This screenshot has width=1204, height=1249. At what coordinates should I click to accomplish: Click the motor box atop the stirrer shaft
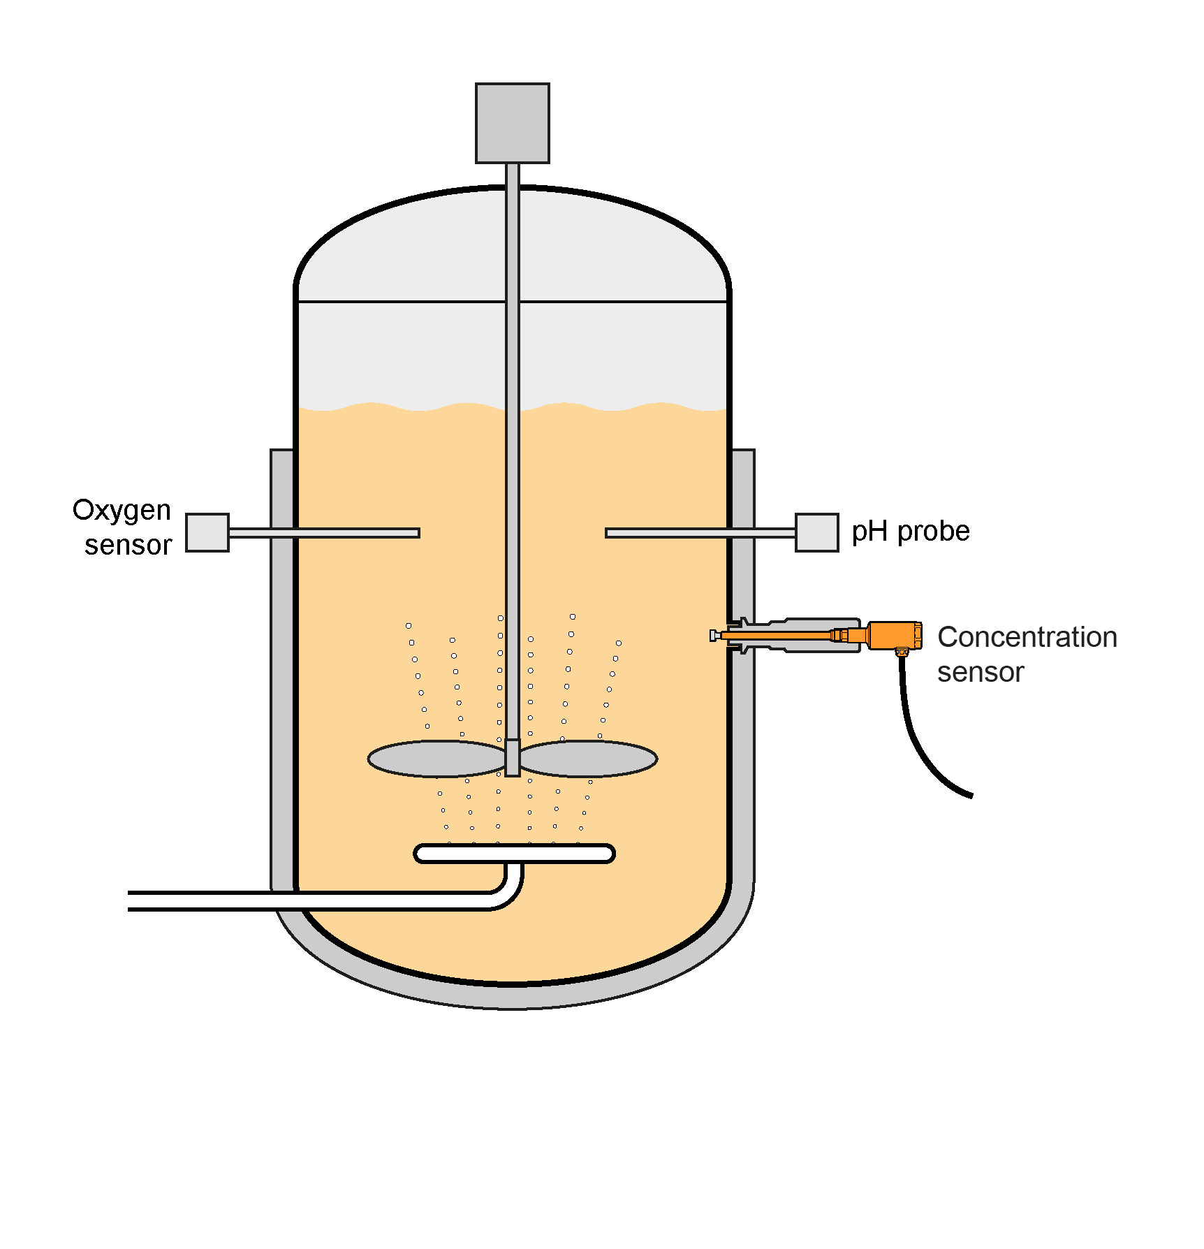click(512, 123)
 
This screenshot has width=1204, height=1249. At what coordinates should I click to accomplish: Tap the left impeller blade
click(436, 759)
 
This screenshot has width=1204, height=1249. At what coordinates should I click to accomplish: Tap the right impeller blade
click(589, 759)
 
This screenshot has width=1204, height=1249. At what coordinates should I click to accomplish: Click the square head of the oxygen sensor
click(207, 533)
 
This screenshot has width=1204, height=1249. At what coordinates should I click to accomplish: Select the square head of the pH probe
click(816, 533)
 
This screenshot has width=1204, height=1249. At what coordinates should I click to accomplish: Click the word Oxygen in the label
click(122, 511)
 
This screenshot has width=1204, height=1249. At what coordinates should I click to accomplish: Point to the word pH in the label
click(869, 532)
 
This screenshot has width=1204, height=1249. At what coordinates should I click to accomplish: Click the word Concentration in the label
click(1027, 637)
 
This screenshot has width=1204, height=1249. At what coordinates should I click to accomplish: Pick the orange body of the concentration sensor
click(894, 635)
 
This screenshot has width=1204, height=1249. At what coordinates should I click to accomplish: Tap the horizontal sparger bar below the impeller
click(514, 854)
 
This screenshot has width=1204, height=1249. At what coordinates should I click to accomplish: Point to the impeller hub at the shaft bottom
click(513, 757)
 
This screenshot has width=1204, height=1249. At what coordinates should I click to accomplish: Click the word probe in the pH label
click(933, 532)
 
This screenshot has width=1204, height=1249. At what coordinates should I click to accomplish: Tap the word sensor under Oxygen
click(128, 546)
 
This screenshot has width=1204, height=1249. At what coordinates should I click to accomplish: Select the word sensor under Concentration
click(980, 673)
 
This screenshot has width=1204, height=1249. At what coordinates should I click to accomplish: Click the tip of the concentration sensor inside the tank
click(714, 635)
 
